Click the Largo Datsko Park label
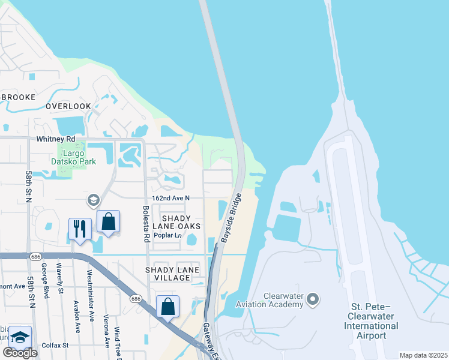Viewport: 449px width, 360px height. click(72, 157)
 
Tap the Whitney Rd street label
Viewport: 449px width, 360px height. click(70, 139)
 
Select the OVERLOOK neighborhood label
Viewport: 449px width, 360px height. click(68, 106)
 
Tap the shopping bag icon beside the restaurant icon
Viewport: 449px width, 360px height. click(108, 221)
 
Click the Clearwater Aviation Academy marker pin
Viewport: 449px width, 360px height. click(312, 298)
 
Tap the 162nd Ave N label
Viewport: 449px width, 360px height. click(170, 198)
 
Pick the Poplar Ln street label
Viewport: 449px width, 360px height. click(167, 235)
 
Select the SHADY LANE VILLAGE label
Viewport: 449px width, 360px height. click(172, 270)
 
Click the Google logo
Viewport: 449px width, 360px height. click(20, 352)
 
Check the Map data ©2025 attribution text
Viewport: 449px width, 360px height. click(423, 355)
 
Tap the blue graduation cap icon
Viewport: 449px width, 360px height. click(20, 338)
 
